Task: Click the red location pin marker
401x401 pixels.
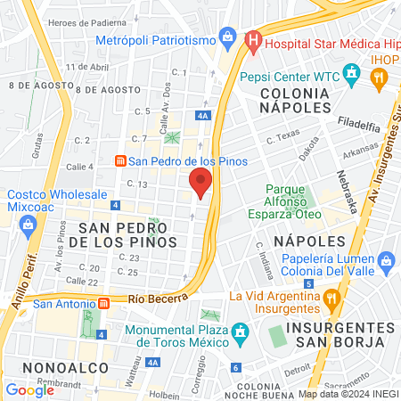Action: [x=200, y=183]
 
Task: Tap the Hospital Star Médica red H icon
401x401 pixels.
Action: [x=253, y=40]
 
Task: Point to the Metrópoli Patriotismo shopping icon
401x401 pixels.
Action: [x=229, y=38]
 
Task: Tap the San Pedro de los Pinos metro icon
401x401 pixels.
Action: [x=119, y=161]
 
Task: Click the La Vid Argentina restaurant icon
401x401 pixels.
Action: [x=331, y=296]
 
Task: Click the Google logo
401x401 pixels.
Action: [x=29, y=389]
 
